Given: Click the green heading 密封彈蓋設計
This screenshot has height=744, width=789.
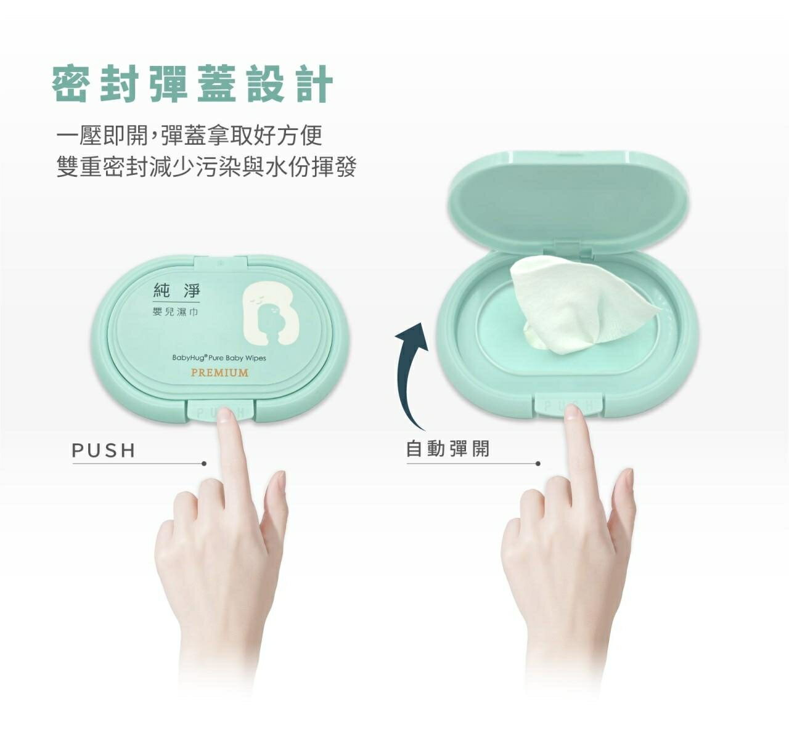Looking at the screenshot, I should (192, 84).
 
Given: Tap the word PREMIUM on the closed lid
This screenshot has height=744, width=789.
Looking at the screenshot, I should (219, 373).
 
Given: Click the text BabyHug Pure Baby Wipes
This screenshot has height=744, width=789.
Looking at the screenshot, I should (219, 358).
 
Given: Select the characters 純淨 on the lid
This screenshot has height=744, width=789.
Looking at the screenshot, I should (177, 289).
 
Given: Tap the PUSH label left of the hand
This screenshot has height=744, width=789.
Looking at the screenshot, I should (104, 451).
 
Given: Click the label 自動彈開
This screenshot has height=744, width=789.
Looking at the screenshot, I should (448, 448).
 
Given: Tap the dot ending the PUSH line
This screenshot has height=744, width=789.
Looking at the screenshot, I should (204, 463).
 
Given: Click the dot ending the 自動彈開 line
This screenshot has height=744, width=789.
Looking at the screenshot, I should (538, 463).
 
